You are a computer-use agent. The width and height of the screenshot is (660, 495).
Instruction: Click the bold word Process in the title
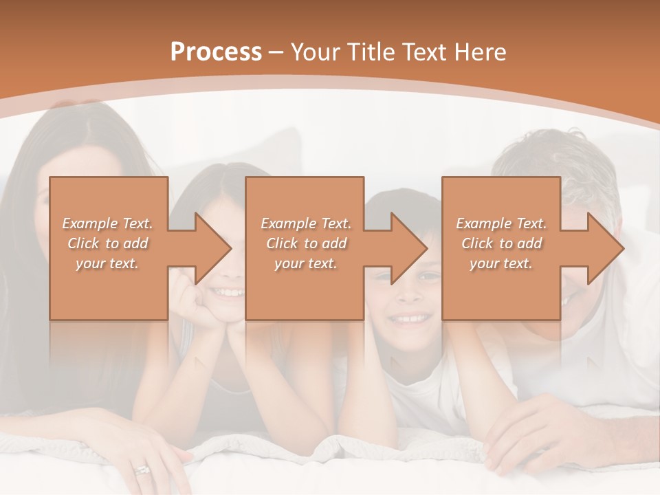pyautogui.click(x=216, y=52)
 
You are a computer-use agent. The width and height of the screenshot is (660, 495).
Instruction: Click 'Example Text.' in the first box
pyautogui.click(x=108, y=223)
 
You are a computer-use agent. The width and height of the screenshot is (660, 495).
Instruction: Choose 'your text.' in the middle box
pyautogui.click(x=305, y=263)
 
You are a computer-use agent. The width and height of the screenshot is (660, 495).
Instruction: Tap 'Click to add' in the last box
pyautogui.click(x=501, y=243)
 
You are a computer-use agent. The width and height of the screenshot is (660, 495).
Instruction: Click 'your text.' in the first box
pyautogui.click(x=108, y=263)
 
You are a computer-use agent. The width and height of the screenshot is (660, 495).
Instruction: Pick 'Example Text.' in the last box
pyautogui.click(x=501, y=223)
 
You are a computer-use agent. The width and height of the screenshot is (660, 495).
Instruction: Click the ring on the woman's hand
pyautogui.click(x=142, y=470)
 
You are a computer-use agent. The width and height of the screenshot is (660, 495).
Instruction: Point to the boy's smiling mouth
pyautogui.click(x=409, y=318)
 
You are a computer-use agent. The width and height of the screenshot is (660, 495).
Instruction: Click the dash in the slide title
pyautogui.click(x=276, y=52)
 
